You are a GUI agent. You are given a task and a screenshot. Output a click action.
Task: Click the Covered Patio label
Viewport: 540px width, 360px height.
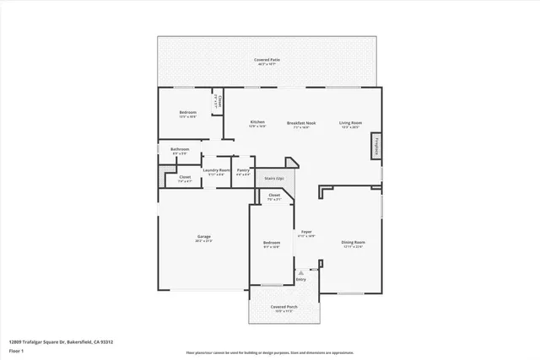pos(269,60)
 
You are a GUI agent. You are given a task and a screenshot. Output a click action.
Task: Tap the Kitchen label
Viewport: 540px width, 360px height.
pos(257,123)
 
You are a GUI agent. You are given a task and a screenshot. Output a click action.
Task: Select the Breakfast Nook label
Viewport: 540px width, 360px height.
pos(301,123)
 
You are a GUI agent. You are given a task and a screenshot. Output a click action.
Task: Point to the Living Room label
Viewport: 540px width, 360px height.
pos(350,123)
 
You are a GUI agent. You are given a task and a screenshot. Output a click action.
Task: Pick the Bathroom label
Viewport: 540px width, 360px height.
pos(181,150)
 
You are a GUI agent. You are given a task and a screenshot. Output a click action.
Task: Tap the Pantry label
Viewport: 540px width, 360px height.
pos(243,170)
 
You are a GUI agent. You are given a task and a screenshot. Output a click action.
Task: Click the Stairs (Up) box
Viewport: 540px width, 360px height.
pos(274,179)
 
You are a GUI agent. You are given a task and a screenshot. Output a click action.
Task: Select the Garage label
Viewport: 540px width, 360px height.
pos(204,237)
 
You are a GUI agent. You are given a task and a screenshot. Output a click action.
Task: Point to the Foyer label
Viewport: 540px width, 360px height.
pos(306,233)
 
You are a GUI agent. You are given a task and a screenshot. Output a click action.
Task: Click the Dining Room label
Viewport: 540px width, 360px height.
pos(351,244)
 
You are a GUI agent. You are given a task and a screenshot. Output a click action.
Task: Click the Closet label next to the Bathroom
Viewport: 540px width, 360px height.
pos(184,178)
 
